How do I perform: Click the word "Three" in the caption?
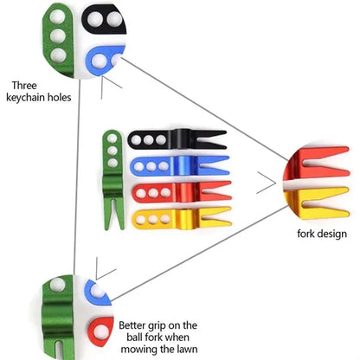[x=24, y=86]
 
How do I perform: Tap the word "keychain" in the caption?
[x=26, y=97]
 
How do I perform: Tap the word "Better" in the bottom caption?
[x=132, y=325]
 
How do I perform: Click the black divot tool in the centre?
[x=177, y=139]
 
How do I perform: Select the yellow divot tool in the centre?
[x=182, y=219]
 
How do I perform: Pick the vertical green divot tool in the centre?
[x=112, y=179]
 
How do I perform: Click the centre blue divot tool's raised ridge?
[x=181, y=166]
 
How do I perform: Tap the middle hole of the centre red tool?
[x=153, y=193]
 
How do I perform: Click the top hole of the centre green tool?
[x=112, y=138]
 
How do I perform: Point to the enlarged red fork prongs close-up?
[x=317, y=164]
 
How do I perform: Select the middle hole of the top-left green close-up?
[x=58, y=36]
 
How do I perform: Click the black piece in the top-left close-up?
[x=104, y=19]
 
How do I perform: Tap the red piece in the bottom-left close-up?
[x=100, y=331]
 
